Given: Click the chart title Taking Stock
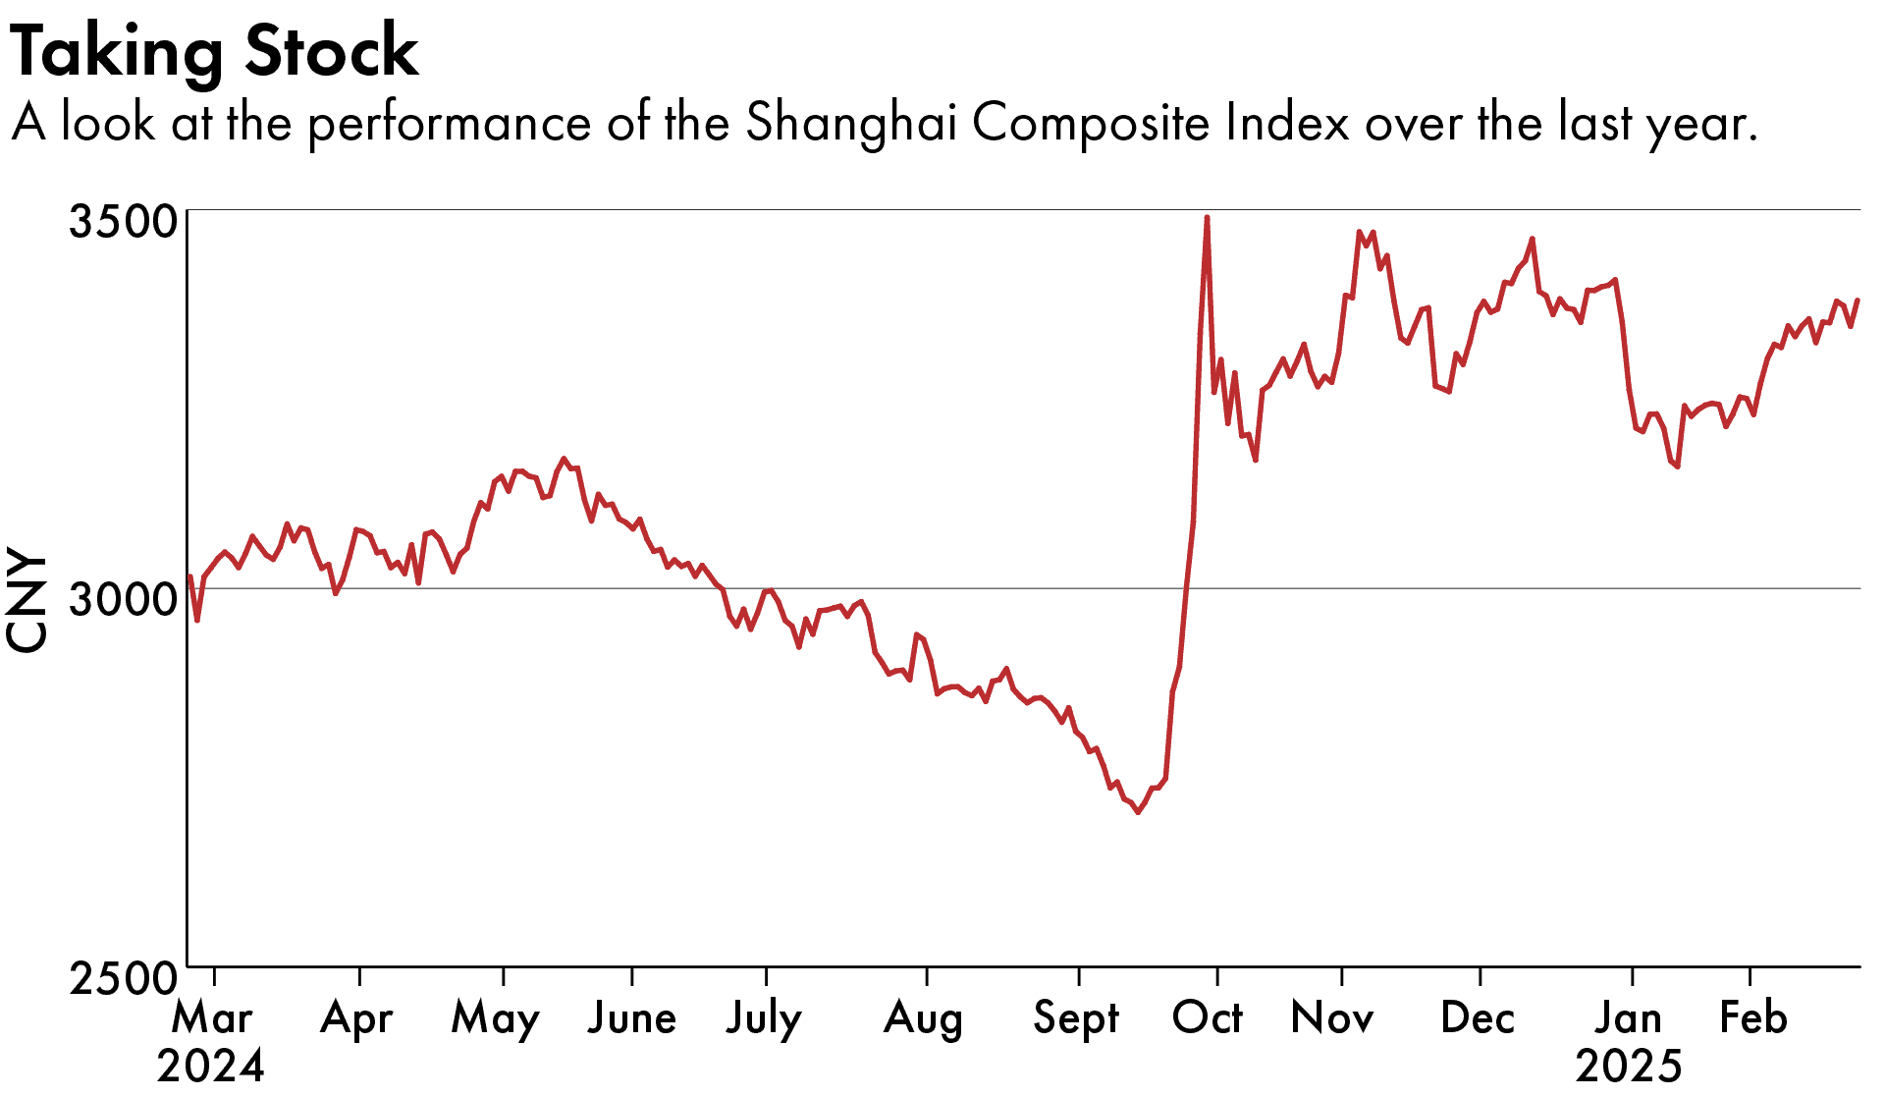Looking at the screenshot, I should tap(214, 51).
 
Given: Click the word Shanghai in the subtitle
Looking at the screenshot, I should tap(850, 123).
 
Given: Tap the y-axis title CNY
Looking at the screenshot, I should tap(27, 599).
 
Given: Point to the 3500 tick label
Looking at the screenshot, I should tap(121, 221).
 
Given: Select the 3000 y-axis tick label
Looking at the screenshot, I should tap(121, 599).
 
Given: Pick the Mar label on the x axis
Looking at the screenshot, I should tap(212, 1017).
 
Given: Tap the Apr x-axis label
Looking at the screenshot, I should tap(356, 1017).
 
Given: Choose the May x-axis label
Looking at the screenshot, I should tap(495, 1017).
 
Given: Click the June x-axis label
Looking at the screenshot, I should tap(631, 1017).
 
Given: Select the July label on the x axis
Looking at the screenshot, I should tap(764, 1017).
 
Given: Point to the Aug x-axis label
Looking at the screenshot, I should tap(923, 1017).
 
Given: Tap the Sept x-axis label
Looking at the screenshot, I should tap(1076, 1017).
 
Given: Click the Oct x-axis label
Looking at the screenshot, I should tap(1208, 1017).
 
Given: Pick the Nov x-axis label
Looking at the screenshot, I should tap(1332, 1017).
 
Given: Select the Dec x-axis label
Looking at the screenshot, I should tap(1478, 1017).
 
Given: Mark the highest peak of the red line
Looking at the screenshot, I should tap(1207, 217).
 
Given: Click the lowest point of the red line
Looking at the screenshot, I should tap(1138, 812).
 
